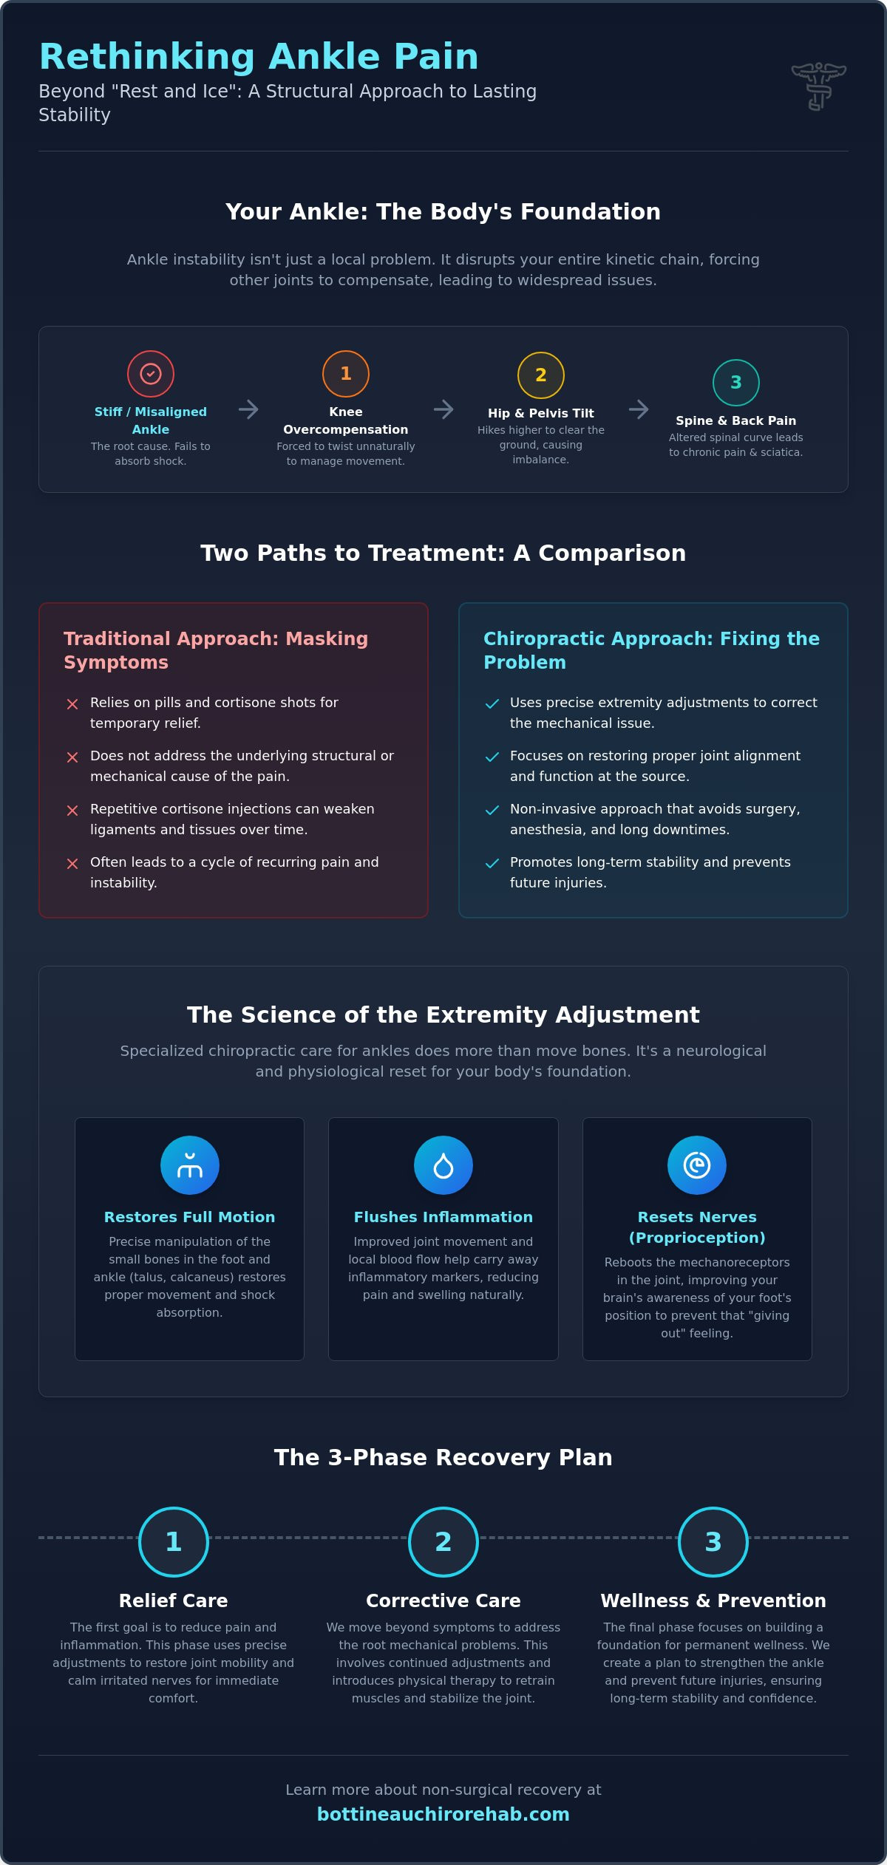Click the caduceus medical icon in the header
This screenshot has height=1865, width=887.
pyautogui.click(x=819, y=86)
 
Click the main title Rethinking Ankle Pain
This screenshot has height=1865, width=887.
pyautogui.click(x=259, y=57)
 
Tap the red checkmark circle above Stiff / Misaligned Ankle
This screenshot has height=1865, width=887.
pyautogui.click(x=151, y=374)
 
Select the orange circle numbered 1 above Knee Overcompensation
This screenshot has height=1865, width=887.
pyautogui.click(x=346, y=374)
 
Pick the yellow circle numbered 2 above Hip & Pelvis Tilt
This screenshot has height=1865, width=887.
pyautogui.click(x=541, y=375)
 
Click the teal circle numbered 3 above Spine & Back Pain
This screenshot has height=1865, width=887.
pyautogui.click(x=736, y=383)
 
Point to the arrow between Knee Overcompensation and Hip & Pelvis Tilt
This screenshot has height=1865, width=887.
pyautogui.click(x=443, y=409)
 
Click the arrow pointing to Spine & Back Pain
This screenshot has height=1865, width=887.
pyautogui.click(x=639, y=409)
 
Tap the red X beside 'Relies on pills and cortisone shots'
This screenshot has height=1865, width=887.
pyautogui.click(x=72, y=704)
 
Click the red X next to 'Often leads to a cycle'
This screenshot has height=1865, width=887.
pyautogui.click(x=72, y=864)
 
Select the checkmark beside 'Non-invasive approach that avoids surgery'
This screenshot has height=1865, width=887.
pyautogui.click(x=492, y=811)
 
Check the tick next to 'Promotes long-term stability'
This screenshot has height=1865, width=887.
pyautogui.click(x=492, y=864)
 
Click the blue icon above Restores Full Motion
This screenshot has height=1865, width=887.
pyautogui.click(x=190, y=1165)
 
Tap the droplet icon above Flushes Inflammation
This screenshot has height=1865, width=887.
pyautogui.click(x=443, y=1165)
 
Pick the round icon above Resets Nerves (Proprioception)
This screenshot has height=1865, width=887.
pyautogui.click(x=697, y=1165)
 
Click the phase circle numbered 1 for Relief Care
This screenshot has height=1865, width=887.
pyautogui.click(x=174, y=1542)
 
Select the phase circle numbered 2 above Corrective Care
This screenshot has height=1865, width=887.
pyautogui.click(x=443, y=1542)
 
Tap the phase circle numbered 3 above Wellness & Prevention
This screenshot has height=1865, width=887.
pyautogui.click(x=713, y=1542)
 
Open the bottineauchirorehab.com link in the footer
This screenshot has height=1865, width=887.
pyautogui.click(x=443, y=1815)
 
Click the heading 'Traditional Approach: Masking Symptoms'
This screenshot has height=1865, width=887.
pyautogui.click(x=216, y=650)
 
